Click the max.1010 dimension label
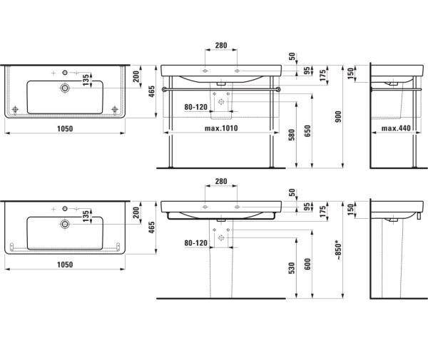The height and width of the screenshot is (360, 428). [221, 128]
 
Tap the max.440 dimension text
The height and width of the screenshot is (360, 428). [396, 128]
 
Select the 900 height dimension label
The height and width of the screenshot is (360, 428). [338, 117]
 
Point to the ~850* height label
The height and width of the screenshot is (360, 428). [338, 250]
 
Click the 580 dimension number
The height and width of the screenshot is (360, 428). [292, 135]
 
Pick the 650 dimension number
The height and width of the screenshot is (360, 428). [307, 131]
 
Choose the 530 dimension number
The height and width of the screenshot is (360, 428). [292, 268]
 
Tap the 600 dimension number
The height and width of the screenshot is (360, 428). [307, 264]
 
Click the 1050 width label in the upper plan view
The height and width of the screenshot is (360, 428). [65, 128]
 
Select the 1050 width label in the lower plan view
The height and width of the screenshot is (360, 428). [65, 264]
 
